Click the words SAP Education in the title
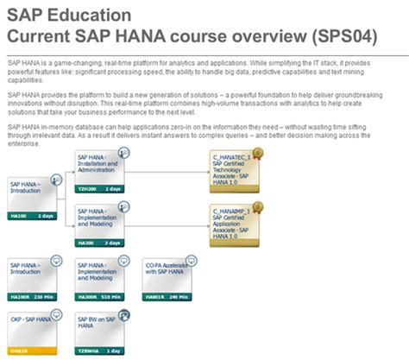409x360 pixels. point(70,16)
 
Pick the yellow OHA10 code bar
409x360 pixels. point(32,351)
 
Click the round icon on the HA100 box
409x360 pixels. point(56,178)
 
